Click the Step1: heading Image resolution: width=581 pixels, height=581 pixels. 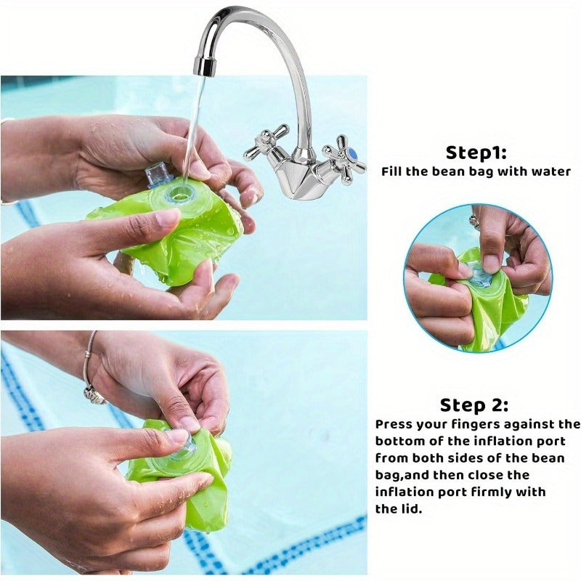pyautogui.click(x=476, y=153)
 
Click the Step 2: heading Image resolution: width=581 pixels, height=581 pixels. pyautogui.click(x=474, y=405)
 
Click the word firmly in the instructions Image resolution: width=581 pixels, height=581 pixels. pyautogui.click(x=489, y=492)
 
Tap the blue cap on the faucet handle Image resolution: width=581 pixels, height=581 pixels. pyautogui.click(x=352, y=153)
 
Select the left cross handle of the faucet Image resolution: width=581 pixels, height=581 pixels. pyautogui.click(x=267, y=142)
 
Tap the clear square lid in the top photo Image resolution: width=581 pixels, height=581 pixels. pyautogui.click(x=156, y=175)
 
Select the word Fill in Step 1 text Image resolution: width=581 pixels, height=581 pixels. pyautogui.click(x=391, y=171)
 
